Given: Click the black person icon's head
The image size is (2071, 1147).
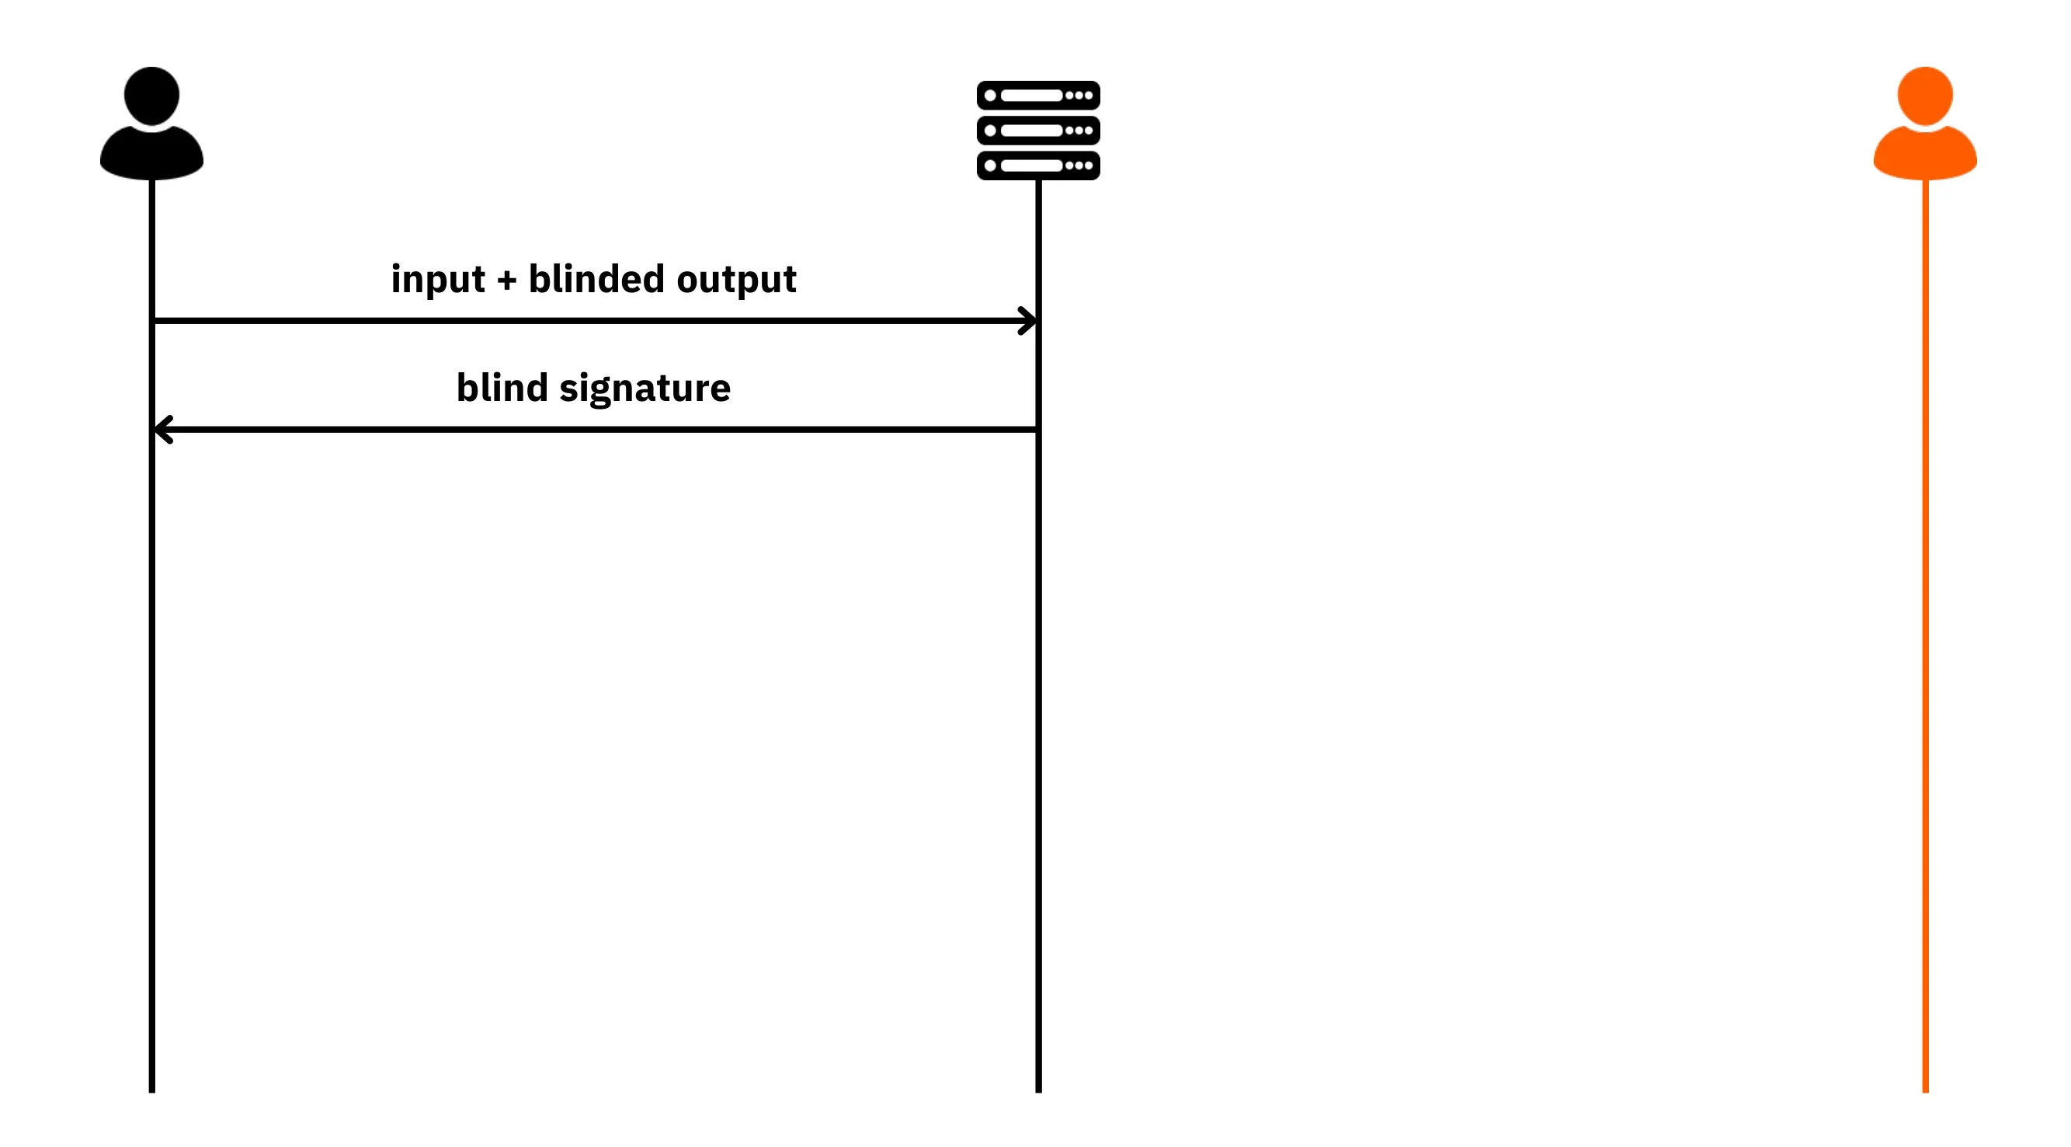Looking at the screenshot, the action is (151, 96).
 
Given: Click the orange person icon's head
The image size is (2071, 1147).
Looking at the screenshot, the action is (1925, 96).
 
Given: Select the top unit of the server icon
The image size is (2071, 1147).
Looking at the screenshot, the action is (1038, 95).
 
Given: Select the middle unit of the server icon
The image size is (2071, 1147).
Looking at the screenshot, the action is (1038, 131).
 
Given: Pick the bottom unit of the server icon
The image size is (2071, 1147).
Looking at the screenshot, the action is (1038, 166).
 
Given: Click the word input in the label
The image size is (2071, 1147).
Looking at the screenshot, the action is (438, 280).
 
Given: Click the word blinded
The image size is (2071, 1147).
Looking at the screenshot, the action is (596, 278).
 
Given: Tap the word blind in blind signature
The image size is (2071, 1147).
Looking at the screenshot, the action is (502, 387).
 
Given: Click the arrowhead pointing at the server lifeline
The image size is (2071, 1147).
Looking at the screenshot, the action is (1028, 321).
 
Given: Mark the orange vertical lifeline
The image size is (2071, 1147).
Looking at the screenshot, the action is (1926, 636).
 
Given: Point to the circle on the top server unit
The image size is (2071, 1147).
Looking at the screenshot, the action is (991, 95).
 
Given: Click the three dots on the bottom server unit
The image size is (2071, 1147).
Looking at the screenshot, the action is (1079, 166).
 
